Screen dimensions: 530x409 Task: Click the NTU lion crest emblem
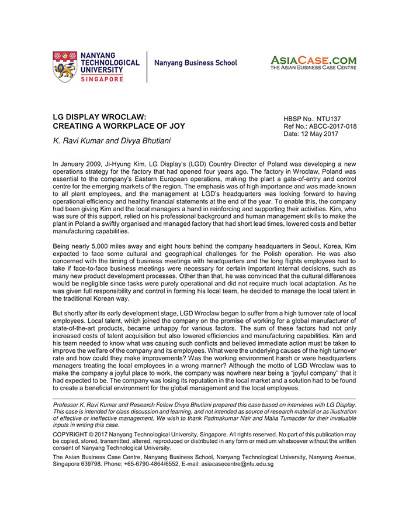[65, 67]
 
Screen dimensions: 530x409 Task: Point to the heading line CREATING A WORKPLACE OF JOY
[119, 126]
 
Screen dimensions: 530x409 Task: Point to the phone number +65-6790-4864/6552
[147, 464]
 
